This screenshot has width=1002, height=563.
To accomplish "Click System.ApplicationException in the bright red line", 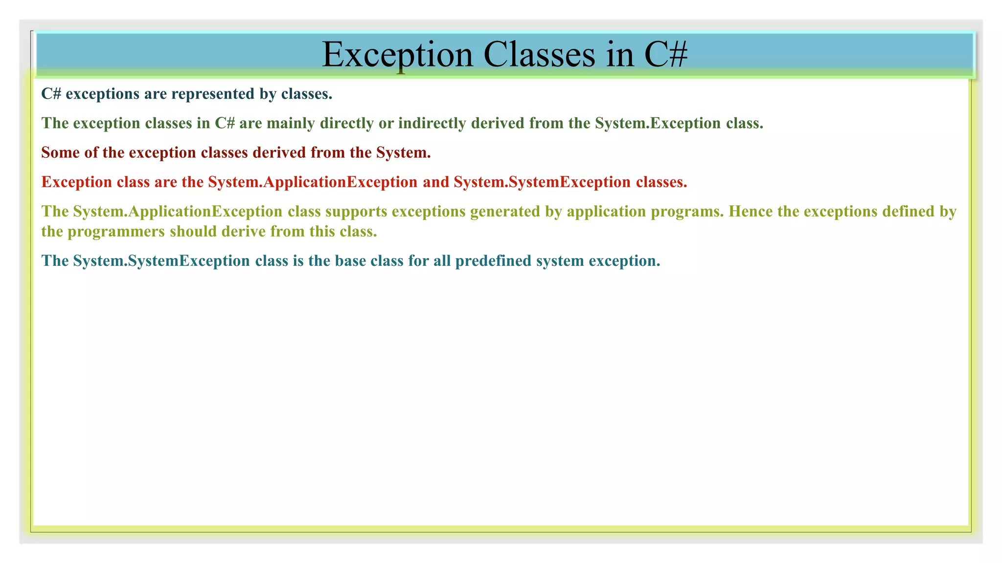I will pyautogui.click(x=312, y=182).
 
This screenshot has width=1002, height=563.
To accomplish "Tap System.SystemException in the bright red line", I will pyautogui.click(x=542, y=182).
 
